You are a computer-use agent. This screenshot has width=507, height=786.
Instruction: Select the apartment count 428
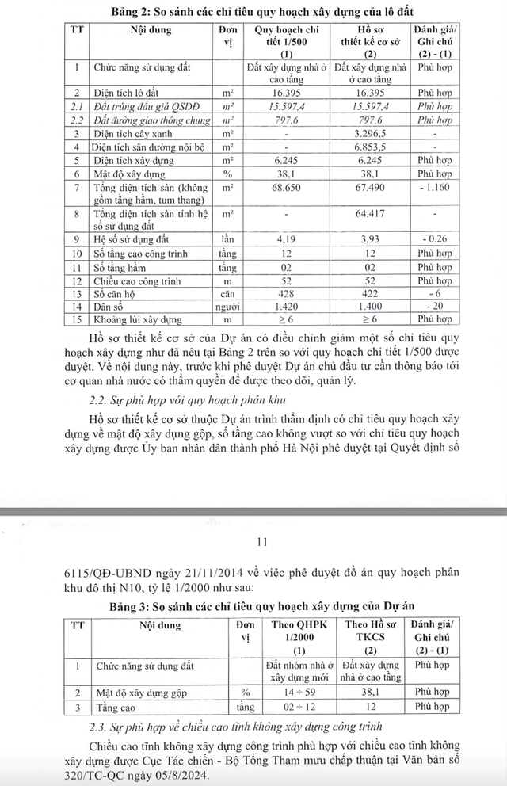tap(286, 294)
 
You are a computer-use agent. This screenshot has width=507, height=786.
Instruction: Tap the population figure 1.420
tap(286, 307)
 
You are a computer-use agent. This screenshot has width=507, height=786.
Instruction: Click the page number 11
tap(264, 542)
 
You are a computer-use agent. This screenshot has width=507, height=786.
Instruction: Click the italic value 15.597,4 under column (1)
tap(286, 106)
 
